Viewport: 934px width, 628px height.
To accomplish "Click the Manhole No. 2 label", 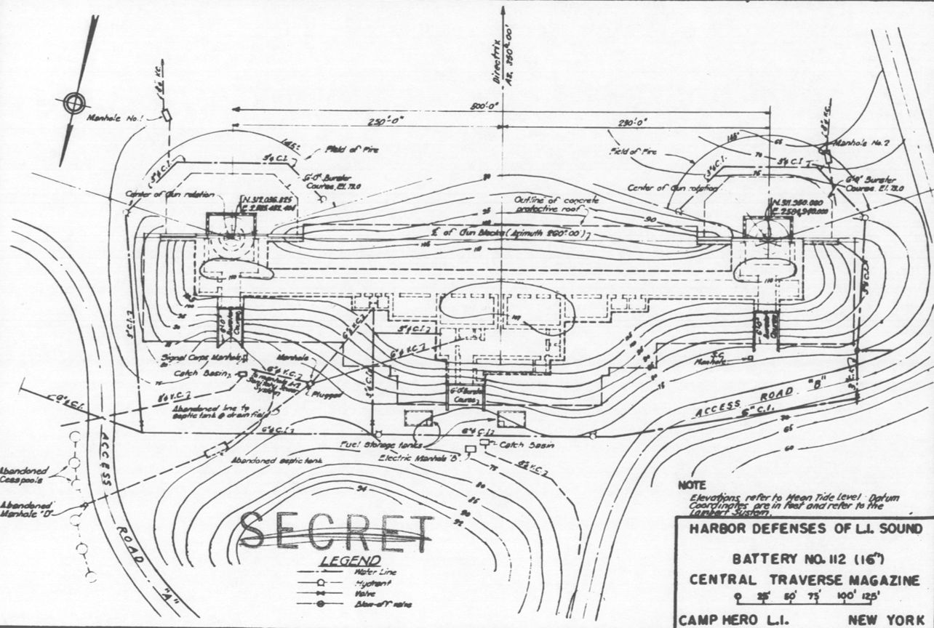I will tap(860, 142).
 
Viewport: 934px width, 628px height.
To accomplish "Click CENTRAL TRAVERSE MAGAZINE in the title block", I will tap(801, 579).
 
